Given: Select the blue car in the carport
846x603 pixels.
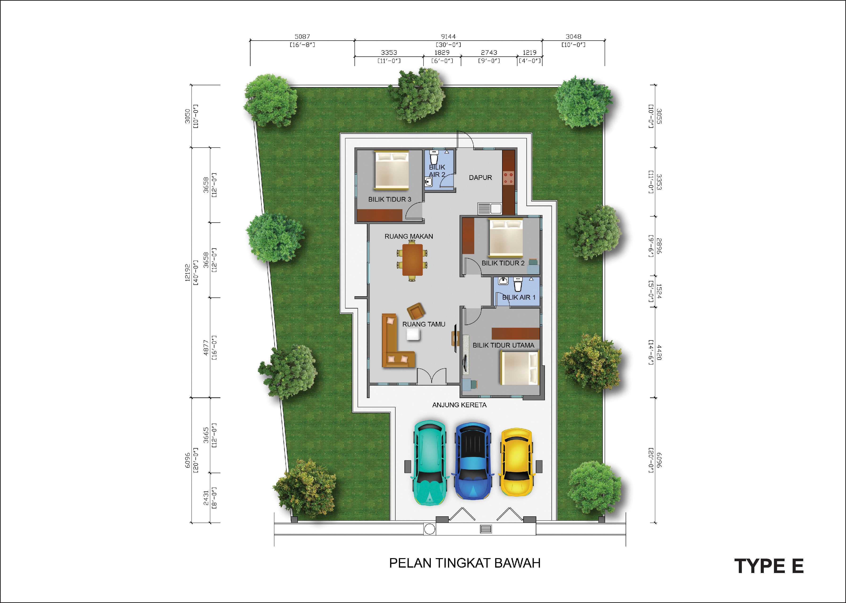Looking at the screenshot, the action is pyautogui.click(x=473, y=460).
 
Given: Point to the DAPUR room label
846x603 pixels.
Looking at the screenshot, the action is pyautogui.click(x=480, y=178).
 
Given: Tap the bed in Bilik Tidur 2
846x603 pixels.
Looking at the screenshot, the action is pyautogui.click(x=506, y=238).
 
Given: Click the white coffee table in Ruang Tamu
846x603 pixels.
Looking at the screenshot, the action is pyautogui.click(x=413, y=334).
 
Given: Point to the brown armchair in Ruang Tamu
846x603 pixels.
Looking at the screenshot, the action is pyautogui.click(x=416, y=311).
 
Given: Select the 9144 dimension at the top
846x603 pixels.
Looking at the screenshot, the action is pyautogui.click(x=448, y=36).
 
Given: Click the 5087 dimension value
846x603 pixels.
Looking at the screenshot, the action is pyautogui.click(x=302, y=36).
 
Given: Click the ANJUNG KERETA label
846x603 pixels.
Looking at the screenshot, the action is pyautogui.click(x=459, y=405).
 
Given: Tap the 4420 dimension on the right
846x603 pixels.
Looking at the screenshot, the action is pyautogui.click(x=659, y=352).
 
